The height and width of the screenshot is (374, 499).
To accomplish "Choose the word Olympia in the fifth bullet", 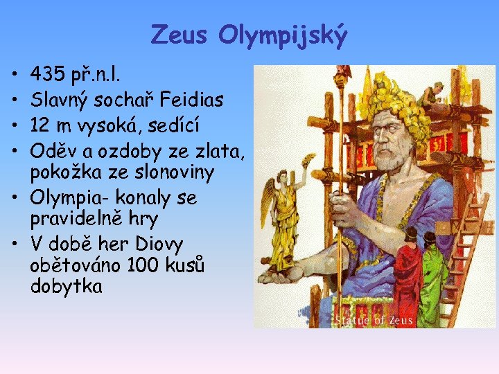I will tap(67, 198).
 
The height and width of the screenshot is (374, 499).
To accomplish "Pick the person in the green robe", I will tap(435, 274).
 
